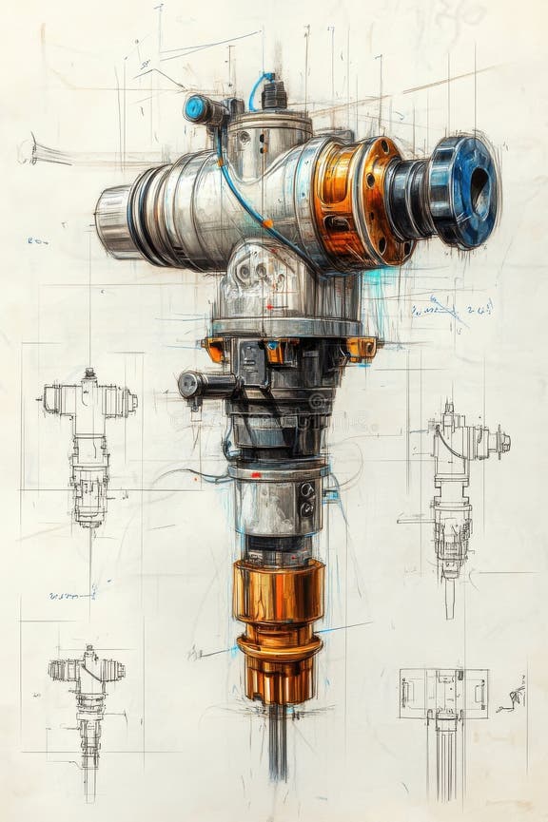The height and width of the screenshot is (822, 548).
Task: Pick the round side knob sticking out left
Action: (x=190, y=384)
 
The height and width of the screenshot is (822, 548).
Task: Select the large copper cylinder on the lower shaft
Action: (x=278, y=591)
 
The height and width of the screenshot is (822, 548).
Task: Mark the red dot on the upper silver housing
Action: (x=269, y=307)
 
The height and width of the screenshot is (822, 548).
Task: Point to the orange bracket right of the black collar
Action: (x=362, y=349)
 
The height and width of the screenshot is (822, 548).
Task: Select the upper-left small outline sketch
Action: (x=88, y=442)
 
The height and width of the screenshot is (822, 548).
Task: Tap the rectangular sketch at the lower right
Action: (x=443, y=694)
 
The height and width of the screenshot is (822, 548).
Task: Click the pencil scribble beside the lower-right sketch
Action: (x=512, y=697)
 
